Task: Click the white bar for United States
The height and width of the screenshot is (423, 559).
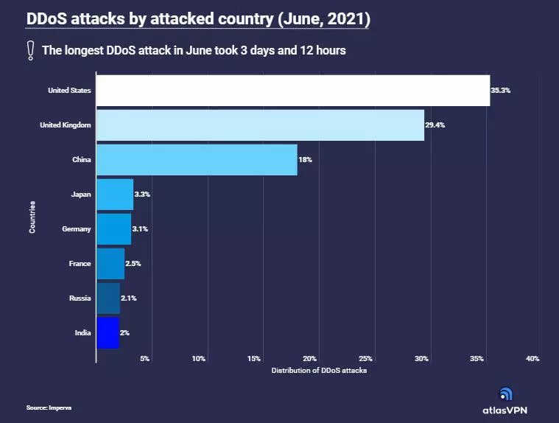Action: (x=292, y=91)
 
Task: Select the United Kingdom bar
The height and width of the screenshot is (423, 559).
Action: (x=260, y=125)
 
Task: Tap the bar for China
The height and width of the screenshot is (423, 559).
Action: (x=197, y=160)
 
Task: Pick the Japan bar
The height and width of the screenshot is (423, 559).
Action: (x=115, y=195)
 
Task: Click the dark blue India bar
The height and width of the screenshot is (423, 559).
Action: (x=108, y=332)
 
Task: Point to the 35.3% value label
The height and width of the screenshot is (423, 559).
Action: (x=501, y=91)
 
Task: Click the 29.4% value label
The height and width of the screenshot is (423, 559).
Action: (x=435, y=125)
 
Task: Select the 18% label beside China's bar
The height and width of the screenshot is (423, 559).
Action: (x=306, y=160)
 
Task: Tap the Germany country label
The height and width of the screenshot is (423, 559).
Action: (x=77, y=229)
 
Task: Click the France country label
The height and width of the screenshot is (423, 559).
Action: (x=80, y=264)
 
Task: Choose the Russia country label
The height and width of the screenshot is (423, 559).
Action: (x=80, y=298)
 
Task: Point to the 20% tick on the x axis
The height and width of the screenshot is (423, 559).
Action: (x=309, y=359)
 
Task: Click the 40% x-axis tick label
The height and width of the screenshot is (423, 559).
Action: (x=532, y=359)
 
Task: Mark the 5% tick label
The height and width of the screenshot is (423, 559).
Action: (x=145, y=359)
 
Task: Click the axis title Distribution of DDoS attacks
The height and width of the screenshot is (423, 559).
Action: (x=319, y=370)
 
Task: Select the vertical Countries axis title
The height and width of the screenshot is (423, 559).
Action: (x=33, y=219)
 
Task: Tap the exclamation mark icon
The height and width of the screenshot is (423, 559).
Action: (x=31, y=50)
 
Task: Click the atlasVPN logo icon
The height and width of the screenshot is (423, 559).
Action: (x=505, y=394)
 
